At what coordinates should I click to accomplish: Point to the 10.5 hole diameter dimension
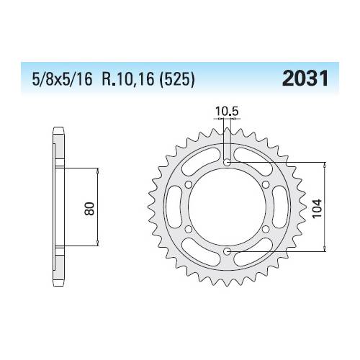(224, 112)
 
